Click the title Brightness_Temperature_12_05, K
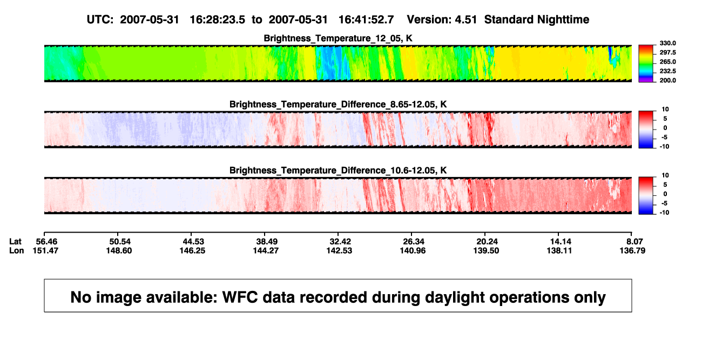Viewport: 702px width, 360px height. pyautogui.click(x=338, y=38)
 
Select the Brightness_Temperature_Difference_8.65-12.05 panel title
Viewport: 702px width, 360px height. pyautogui.click(x=338, y=104)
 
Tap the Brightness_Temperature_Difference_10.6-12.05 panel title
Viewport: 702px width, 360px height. pyautogui.click(x=338, y=171)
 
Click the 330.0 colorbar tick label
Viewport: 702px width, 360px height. pyautogui.click(x=667, y=43)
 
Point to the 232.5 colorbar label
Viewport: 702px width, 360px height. pyautogui.click(x=667, y=71)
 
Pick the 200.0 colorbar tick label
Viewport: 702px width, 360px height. pyautogui.click(x=667, y=80)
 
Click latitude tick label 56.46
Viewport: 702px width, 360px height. pyautogui.click(x=46, y=242)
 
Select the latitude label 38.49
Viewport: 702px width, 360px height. pyautogui.click(x=267, y=242)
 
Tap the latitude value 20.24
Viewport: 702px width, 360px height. pyautogui.click(x=487, y=242)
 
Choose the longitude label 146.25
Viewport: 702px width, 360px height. pyautogui.click(x=192, y=250)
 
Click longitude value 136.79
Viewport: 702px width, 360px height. pyautogui.click(x=632, y=250)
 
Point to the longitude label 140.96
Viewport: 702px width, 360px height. pyautogui.click(x=413, y=250)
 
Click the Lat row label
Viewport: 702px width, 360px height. pyautogui.click(x=15, y=242)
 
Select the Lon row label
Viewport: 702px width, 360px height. pyautogui.click(x=16, y=250)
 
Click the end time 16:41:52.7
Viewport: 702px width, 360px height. pyautogui.click(x=366, y=20)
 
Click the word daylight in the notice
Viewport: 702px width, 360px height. pyautogui.click(x=451, y=297)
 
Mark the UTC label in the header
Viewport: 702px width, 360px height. pyautogui.click(x=100, y=20)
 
